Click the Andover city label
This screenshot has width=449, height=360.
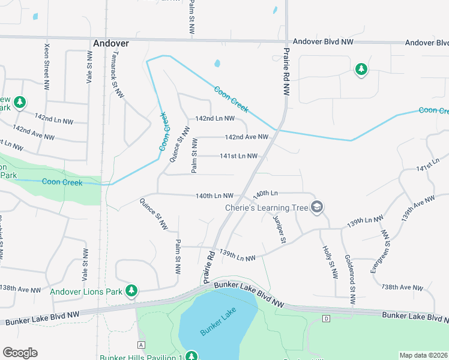pos(111,43)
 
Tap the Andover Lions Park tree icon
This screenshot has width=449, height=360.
pos(131,292)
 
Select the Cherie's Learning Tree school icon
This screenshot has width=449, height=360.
pos(317,208)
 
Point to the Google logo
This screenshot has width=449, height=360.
pos(20,353)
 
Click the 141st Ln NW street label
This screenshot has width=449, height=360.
pos(238,156)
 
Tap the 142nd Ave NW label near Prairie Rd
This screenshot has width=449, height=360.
pos(246,137)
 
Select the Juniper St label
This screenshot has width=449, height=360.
pos(279,229)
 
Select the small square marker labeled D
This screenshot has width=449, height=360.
pos(327,317)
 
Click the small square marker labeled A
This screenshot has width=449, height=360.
pos(141,344)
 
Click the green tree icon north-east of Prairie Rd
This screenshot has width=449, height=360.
pos(361,70)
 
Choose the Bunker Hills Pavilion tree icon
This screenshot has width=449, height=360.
pos(191,356)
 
